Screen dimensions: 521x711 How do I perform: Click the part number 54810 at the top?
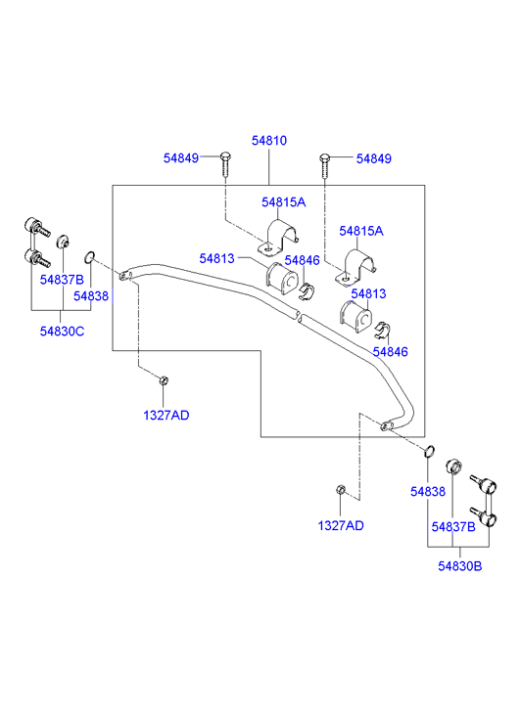[x=269, y=141]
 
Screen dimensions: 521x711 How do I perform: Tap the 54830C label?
[x=62, y=332]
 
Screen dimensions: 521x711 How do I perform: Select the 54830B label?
[x=459, y=566]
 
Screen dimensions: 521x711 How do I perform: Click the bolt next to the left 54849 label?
[x=225, y=165]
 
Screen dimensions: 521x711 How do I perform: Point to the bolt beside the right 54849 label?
[x=324, y=166]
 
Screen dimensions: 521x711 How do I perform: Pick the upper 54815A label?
[x=283, y=202]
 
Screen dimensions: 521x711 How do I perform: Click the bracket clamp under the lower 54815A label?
[x=356, y=268]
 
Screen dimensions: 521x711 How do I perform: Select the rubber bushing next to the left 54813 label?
[x=282, y=279]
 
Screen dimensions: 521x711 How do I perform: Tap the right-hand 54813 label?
[x=368, y=293]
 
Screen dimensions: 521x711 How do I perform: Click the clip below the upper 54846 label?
[x=308, y=290]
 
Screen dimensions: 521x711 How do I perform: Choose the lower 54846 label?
[x=390, y=352]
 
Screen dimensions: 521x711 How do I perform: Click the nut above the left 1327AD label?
[x=164, y=380]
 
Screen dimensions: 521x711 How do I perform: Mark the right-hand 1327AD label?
[x=341, y=525]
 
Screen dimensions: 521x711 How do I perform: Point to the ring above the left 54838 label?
[x=89, y=257]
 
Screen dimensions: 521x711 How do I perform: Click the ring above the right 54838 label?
[x=429, y=451]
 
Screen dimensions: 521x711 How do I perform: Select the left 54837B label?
[x=62, y=280]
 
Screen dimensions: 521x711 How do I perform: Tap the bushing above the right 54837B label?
[x=453, y=467]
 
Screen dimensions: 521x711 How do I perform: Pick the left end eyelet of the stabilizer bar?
[x=124, y=275]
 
